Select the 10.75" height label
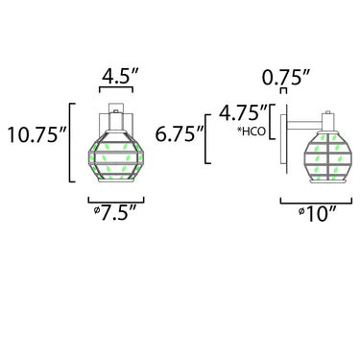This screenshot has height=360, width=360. pos(36,134)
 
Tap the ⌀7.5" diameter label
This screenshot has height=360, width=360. pos(114,212)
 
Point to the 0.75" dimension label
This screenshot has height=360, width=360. pos(286,77)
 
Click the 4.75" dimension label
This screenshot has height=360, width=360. pos(243,113)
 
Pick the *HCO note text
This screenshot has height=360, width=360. pos(252,132)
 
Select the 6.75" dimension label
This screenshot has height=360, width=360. pos(180,133)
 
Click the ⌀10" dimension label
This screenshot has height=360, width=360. pos(317,214)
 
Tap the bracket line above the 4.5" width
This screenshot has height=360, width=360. pos(116,87)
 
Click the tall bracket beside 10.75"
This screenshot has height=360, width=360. pos(70,143)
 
